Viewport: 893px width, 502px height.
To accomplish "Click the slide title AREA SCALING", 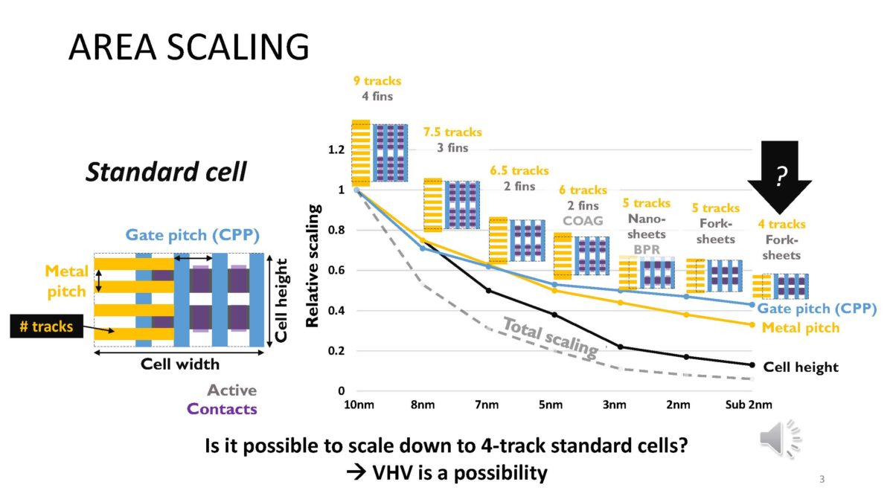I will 188,48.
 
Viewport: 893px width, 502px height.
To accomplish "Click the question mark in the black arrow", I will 780,176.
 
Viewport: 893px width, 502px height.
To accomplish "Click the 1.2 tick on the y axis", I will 336,149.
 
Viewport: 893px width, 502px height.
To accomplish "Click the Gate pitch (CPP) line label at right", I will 818,308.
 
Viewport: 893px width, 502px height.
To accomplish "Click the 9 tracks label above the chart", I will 377,81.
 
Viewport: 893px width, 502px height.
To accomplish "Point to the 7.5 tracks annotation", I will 452,132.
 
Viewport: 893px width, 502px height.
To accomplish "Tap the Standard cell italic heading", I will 165,173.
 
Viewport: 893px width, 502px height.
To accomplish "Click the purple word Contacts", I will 222,408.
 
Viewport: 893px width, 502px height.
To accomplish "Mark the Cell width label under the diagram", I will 180,364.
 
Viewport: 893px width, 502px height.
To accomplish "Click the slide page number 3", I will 822,479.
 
